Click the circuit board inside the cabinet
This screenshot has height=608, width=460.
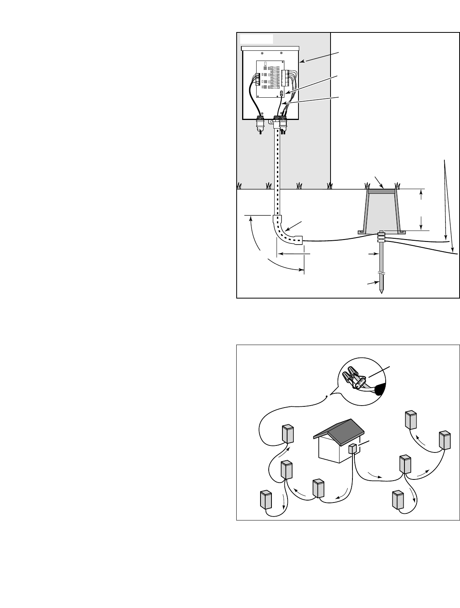(270, 79)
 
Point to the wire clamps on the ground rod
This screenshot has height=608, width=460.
(381, 237)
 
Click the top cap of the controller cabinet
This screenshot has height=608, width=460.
(270, 48)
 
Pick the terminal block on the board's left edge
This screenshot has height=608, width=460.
(258, 79)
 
